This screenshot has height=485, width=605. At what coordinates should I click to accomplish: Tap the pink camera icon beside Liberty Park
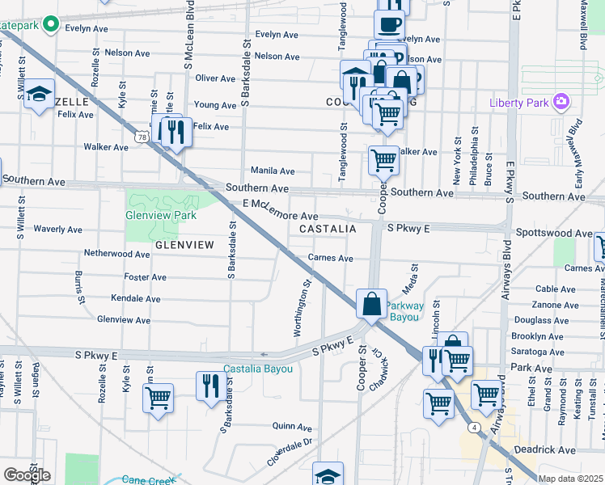coord(560,102)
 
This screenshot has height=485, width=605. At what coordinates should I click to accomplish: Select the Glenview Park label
coord(161,216)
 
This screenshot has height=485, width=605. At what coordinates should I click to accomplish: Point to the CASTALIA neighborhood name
coord(328,230)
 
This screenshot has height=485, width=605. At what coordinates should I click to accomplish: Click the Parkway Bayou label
coord(404,311)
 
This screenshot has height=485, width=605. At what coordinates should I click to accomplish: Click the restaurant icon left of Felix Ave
coord(176,131)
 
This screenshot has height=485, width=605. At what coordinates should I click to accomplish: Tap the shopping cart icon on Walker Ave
coord(383,160)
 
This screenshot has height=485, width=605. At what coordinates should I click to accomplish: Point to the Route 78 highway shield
coord(142,138)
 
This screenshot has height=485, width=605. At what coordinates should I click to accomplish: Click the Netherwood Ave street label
coord(117,254)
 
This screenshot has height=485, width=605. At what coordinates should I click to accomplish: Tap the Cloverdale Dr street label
coord(290,453)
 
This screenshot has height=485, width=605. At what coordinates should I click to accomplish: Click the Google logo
coord(27,474)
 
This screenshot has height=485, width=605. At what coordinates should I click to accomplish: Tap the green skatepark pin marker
coord(51,25)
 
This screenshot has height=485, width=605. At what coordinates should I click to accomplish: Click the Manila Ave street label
coord(273,171)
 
